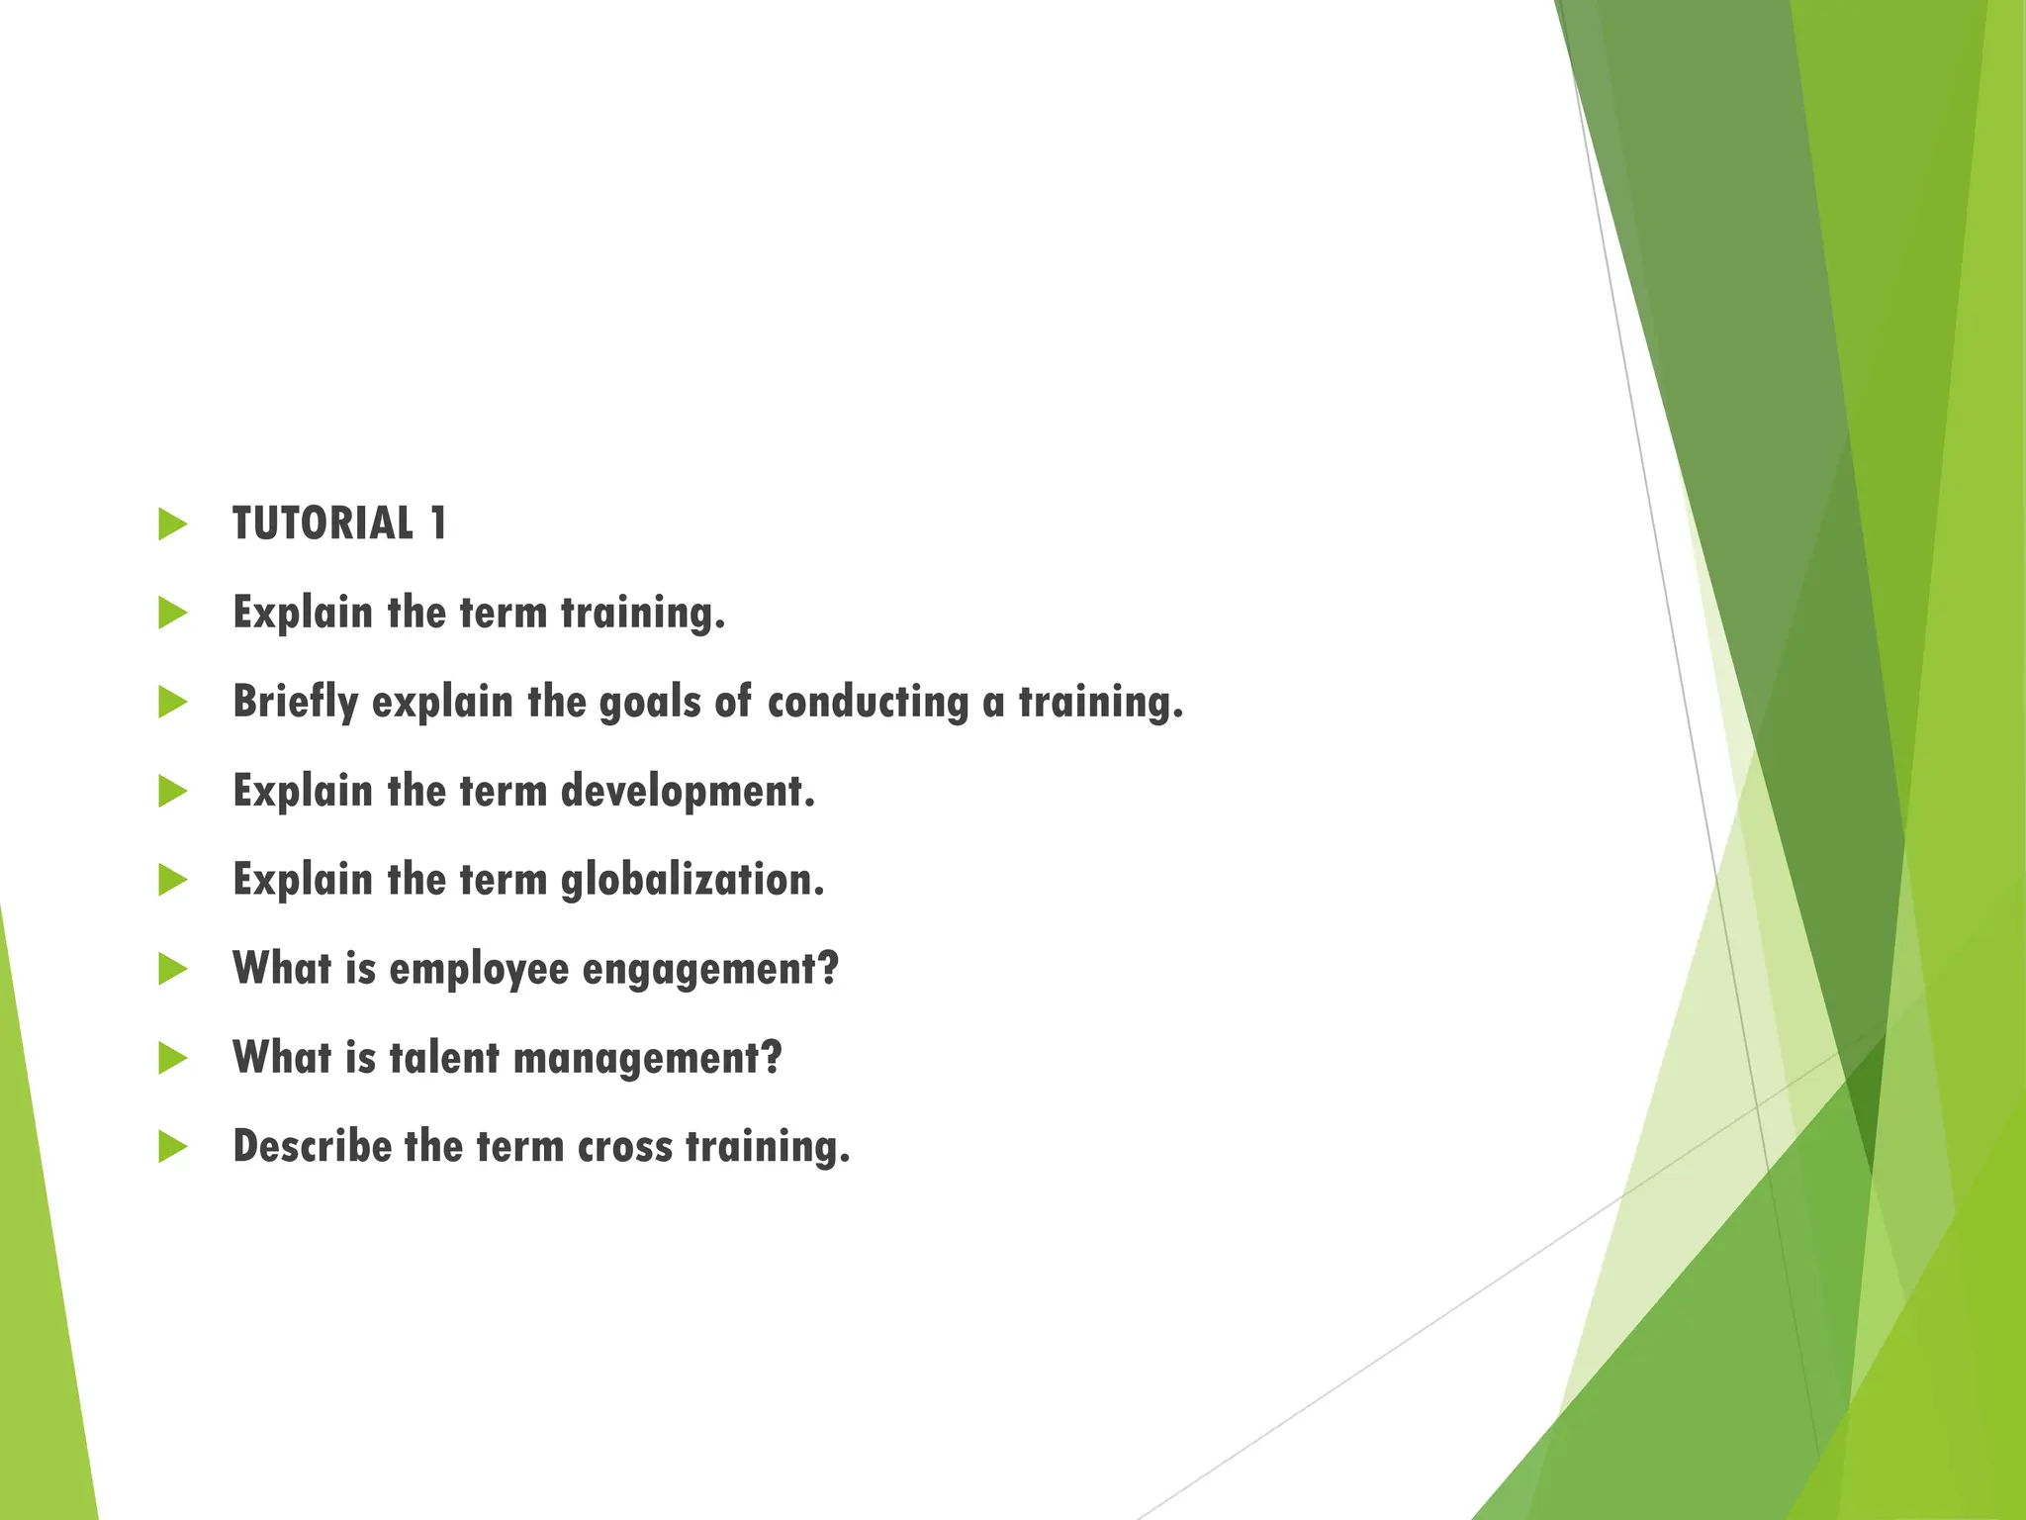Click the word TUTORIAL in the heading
point(322,523)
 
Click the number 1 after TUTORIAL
point(438,523)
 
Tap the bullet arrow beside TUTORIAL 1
point(172,524)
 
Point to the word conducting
point(868,703)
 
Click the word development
point(687,792)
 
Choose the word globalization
point(691,880)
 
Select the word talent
point(444,1058)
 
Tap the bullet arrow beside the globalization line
point(172,880)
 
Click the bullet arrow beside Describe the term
point(172,1147)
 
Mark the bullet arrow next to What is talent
point(172,1058)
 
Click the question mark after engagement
point(829,968)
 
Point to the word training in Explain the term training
point(642,614)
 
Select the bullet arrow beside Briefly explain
point(172,703)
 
